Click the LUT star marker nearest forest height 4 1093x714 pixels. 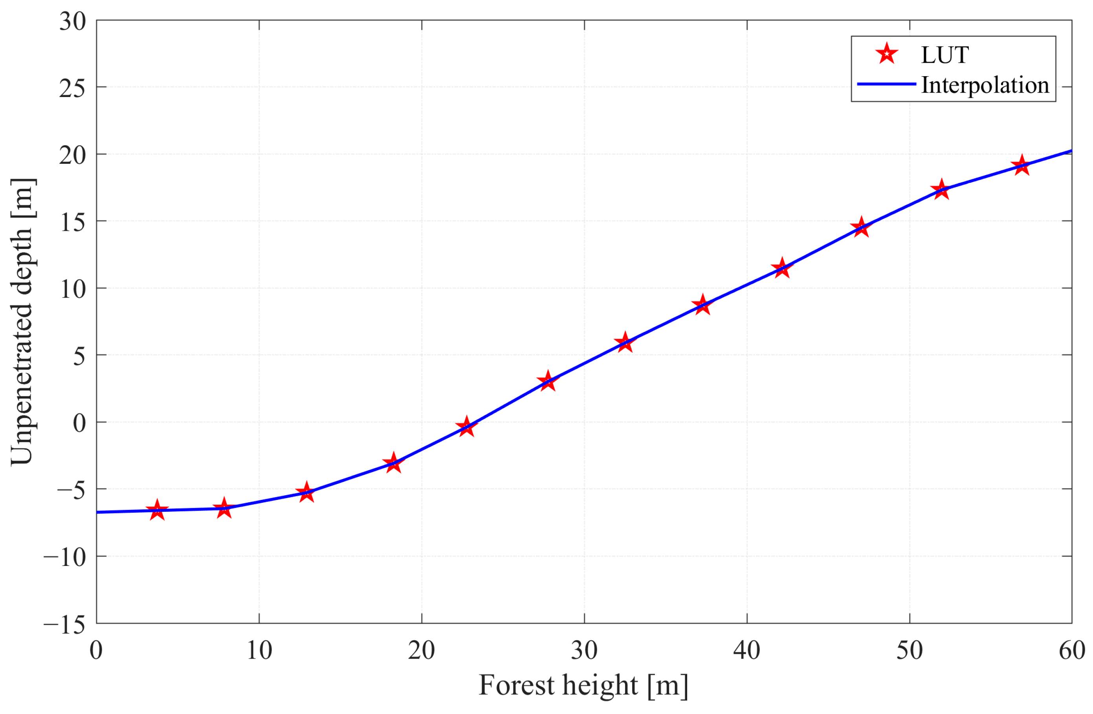point(157,511)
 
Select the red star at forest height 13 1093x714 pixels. point(306,492)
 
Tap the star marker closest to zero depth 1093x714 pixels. point(467,427)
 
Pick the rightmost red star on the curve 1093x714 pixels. point(1021,165)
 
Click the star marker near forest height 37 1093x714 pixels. point(702,305)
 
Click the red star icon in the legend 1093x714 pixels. point(887,54)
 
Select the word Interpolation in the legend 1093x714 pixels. point(985,85)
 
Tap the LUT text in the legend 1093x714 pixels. point(944,55)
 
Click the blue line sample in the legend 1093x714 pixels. point(886,84)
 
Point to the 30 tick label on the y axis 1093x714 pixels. point(73,22)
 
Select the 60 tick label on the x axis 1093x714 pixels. point(1071,651)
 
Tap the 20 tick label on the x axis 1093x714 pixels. point(421,651)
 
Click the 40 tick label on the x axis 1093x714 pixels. point(747,651)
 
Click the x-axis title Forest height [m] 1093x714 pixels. point(583,686)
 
